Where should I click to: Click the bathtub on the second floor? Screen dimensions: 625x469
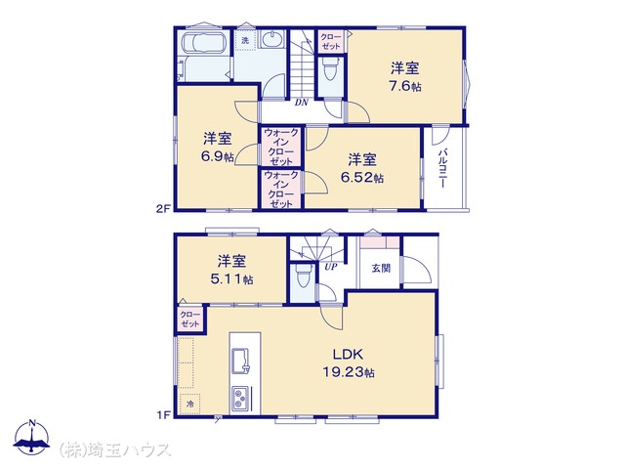coord(204,42)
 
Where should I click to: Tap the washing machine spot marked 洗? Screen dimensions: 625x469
coord(245,40)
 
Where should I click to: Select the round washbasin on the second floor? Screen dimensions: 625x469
coord(272,39)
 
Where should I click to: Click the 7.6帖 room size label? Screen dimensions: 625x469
coord(405,86)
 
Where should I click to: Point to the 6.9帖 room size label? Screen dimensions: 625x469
coord(218,156)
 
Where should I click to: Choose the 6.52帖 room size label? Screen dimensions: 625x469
coord(362,177)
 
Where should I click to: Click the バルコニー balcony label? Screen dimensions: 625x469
coord(442,168)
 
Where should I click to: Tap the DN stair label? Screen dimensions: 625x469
coord(302,103)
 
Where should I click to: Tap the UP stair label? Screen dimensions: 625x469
coord(330,267)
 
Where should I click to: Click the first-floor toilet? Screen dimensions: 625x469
coord(303,276)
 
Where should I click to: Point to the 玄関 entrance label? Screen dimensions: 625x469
coord(381,268)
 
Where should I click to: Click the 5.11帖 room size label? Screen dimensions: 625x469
coord(231,279)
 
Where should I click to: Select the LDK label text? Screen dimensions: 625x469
coord(348,354)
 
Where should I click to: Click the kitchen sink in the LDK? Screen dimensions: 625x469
coord(240,362)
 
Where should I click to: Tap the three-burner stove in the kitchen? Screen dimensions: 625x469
coord(240,399)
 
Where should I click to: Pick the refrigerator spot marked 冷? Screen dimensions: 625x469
coord(189,405)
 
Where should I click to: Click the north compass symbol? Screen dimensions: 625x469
coord(32,437)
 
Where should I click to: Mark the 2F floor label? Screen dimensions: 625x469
coord(163,208)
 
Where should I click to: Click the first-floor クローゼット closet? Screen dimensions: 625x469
coord(190,320)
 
